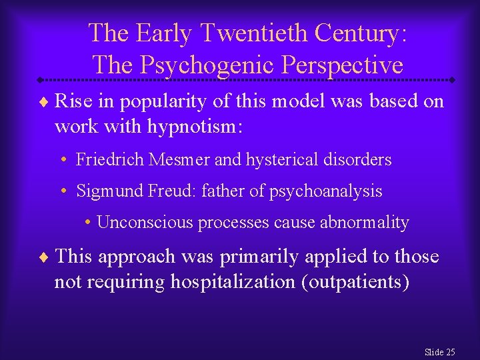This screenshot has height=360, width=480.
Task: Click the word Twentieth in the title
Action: coord(238,32)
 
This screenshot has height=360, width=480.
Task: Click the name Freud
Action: coord(164,191)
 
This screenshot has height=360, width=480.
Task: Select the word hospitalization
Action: coord(234,282)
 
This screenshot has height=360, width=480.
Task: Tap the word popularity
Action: coord(147,101)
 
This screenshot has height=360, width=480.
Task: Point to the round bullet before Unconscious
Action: coord(89,223)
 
